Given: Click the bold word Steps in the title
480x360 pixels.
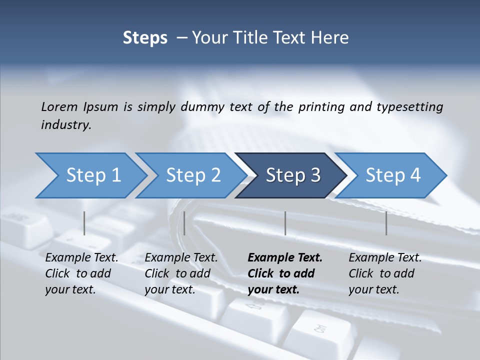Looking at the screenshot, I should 145,38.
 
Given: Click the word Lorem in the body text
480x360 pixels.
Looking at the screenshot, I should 59,106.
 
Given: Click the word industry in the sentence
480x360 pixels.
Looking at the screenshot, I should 66,124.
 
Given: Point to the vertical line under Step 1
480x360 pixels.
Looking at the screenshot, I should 84,223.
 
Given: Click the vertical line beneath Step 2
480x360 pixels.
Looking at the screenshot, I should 184,223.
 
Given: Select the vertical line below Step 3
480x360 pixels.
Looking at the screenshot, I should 285,223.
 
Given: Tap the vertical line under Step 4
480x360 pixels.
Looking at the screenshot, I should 386,223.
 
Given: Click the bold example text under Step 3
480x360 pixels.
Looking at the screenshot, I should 284,273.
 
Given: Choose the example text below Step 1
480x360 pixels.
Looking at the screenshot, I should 81,273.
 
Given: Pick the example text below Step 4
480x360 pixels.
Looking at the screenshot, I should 384,273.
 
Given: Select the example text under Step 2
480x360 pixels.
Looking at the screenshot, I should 180,273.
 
